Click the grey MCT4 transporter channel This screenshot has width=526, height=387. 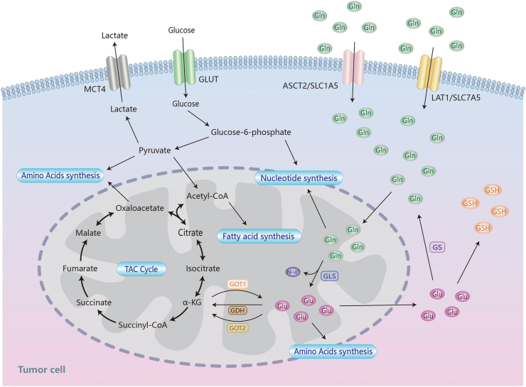pyautogui.click(x=119, y=72)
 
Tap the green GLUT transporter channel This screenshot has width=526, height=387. pyautogui.click(x=184, y=67)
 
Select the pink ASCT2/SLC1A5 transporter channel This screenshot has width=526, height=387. pyautogui.click(x=353, y=67)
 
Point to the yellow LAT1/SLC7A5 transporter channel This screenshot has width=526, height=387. pyautogui.click(x=429, y=72)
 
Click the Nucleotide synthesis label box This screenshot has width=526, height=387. pyautogui.click(x=299, y=178)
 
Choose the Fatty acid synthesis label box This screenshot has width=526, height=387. pyautogui.click(x=259, y=236)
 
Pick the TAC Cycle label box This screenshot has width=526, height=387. pyautogui.click(x=141, y=269)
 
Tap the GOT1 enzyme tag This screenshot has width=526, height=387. pyautogui.click(x=238, y=284)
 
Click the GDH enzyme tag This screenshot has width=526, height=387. pyautogui.click(x=237, y=310)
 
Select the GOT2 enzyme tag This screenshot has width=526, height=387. pyautogui.click(x=237, y=327)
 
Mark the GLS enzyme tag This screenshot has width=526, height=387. pyautogui.click(x=329, y=276)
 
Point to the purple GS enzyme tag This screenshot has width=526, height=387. pyautogui.click(x=437, y=247)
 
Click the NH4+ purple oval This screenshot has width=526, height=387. pyautogui.click(x=293, y=272)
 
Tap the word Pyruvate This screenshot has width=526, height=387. pyautogui.click(x=155, y=150)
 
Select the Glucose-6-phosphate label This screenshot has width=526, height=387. pyautogui.click(x=251, y=132)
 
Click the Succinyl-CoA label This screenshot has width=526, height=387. pyautogui.click(x=143, y=325)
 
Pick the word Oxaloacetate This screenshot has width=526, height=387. pyautogui.click(x=140, y=208)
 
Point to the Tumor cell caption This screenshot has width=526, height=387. pyautogui.click(x=42, y=369)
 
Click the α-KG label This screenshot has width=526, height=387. pyautogui.click(x=192, y=302)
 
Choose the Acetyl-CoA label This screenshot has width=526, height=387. pyautogui.click(x=208, y=196)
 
